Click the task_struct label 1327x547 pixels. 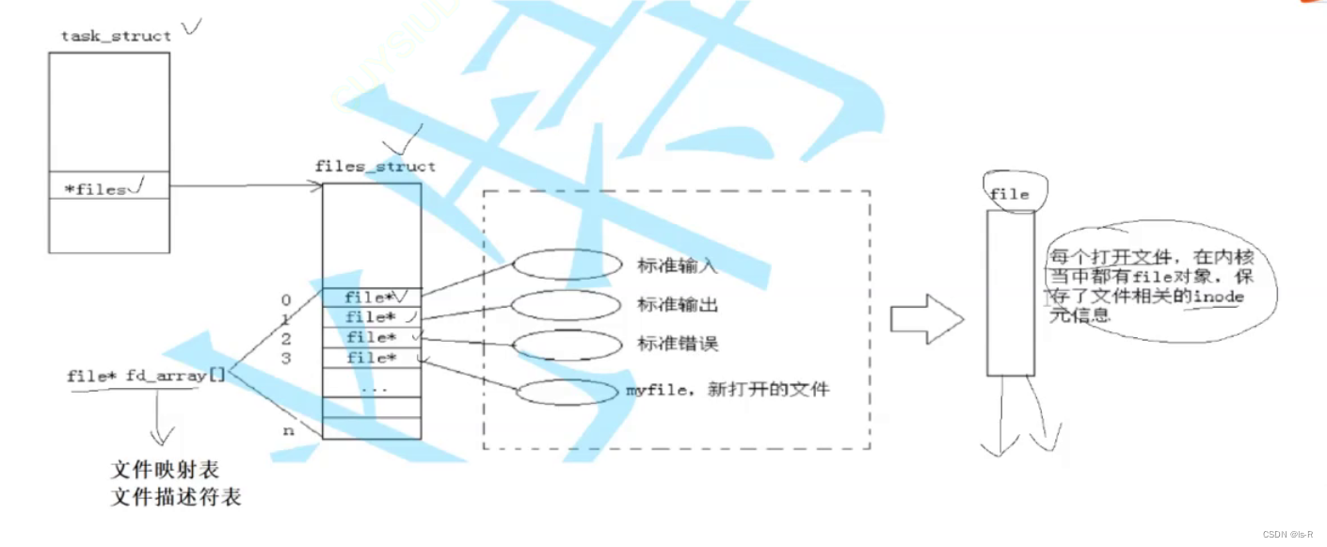(x=116, y=36)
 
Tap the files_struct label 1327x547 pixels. (x=376, y=167)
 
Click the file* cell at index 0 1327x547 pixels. (x=372, y=298)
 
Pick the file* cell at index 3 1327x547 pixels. (x=372, y=358)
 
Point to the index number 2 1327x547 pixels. (x=285, y=338)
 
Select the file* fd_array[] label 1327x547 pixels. (x=146, y=376)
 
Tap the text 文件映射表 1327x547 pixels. (x=165, y=469)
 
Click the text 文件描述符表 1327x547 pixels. (x=176, y=496)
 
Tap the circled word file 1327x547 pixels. (x=1010, y=194)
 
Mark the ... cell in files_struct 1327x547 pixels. (x=372, y=387)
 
